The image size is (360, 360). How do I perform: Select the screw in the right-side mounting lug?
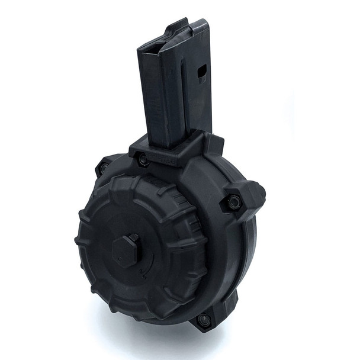pos(232,203)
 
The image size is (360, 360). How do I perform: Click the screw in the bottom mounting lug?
pos(204,320)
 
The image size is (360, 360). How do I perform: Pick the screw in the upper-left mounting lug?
pos(104,168)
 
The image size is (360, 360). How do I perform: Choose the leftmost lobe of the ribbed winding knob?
pos(83,237)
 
